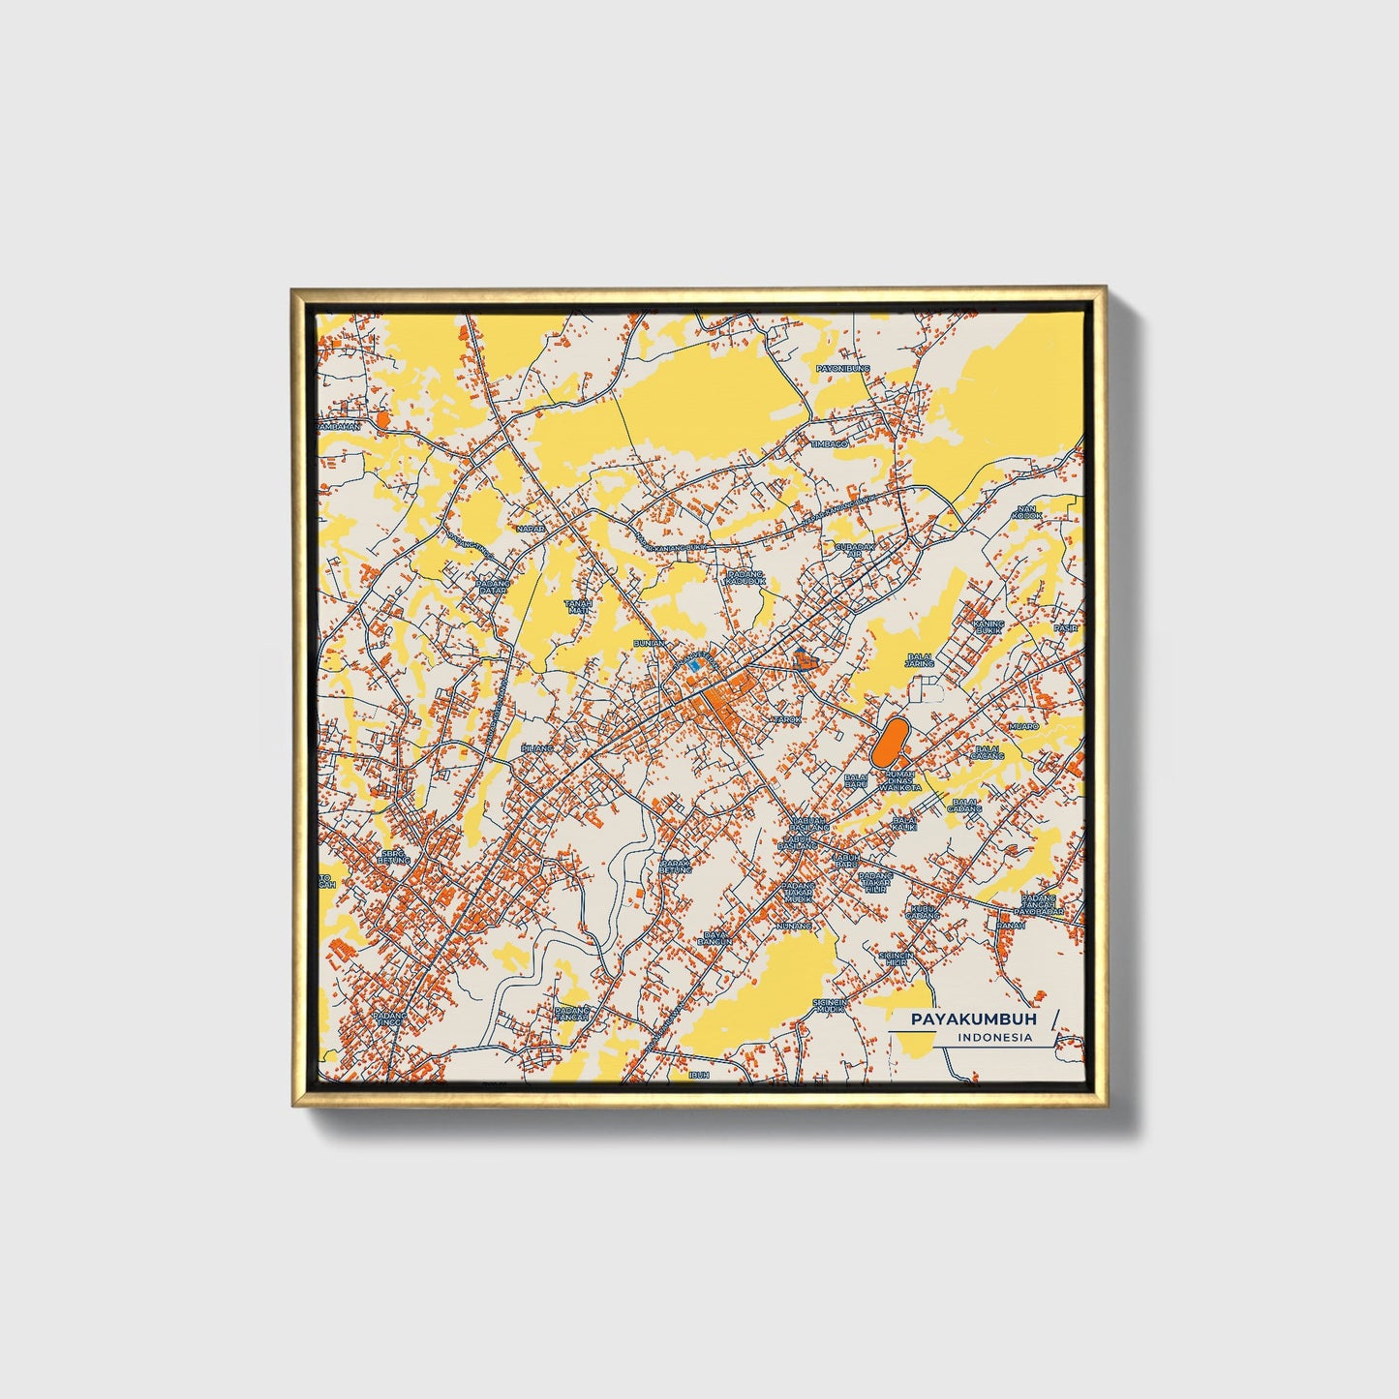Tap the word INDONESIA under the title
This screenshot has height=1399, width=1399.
click(x=994, y=1037)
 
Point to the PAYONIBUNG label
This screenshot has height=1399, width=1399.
click(x=842, y=369)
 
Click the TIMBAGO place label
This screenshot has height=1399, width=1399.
click(x=829, y=443)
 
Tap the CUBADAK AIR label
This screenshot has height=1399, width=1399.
click(x=854, y=549)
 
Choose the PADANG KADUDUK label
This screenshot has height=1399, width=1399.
click(x=745, y=577)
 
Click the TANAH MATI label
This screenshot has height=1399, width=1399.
click(x=578, y=607)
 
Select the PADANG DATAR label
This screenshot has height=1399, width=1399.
click(x=492, y=587)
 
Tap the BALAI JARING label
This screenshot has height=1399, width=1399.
click(x=919, y=660)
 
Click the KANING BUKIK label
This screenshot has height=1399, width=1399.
click(x=988, y=627)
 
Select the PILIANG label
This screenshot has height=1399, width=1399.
click(x=537, y=748)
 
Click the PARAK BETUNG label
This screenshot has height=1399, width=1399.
click(x=675, y=866)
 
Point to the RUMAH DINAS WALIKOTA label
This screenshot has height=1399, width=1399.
click(x=900, y=780)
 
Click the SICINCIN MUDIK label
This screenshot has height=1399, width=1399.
click(x=830, y=1005)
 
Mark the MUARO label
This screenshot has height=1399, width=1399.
click(x=1022, y=725)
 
